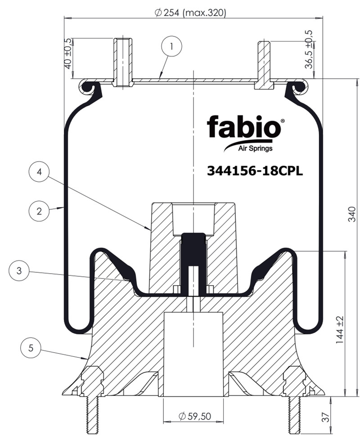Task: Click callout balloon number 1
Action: tap(172, 46)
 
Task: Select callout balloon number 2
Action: tap(39, 211)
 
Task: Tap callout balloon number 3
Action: tap(19, 270)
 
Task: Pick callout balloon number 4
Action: tap(39, 171)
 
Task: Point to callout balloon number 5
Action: tap(31, 348)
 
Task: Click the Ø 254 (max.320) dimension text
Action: tap(190, 13)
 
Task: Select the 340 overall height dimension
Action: tap(352, 214)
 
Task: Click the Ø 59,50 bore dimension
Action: tap(195, 416)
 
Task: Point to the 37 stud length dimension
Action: tap(325, 417)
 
